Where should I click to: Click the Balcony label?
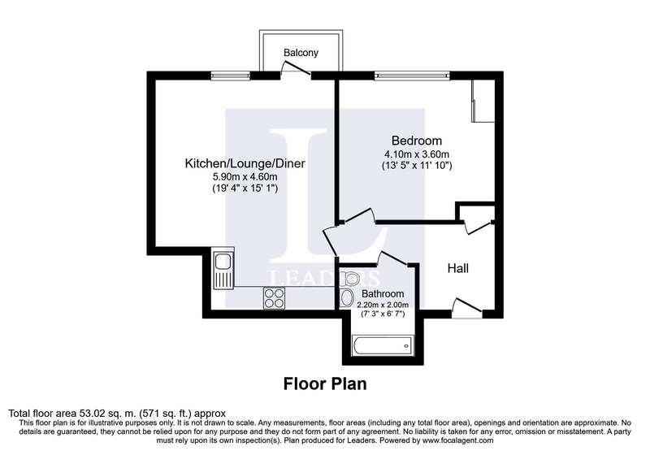[301, 53]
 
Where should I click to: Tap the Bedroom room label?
[417, 141]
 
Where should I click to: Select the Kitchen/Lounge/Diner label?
[245, 163]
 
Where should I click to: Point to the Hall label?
[458, 268]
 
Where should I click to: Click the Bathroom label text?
[383, 294]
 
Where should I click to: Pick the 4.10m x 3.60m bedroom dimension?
[417, 154]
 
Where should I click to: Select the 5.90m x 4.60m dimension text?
[245, 177]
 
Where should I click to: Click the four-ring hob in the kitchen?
[274, 298]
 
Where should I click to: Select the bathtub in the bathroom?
[382, 345]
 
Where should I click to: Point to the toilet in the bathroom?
[349, 279]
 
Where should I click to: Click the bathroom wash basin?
[346, 298]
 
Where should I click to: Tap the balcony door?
[296, 69]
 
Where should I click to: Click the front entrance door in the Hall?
[467, 308]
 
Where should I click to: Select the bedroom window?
[412, 76]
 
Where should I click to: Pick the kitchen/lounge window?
[231, 76]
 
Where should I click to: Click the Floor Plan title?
[325, 383]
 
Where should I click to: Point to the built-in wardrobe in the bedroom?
[483, 101]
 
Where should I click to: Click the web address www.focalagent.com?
[457, 440]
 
